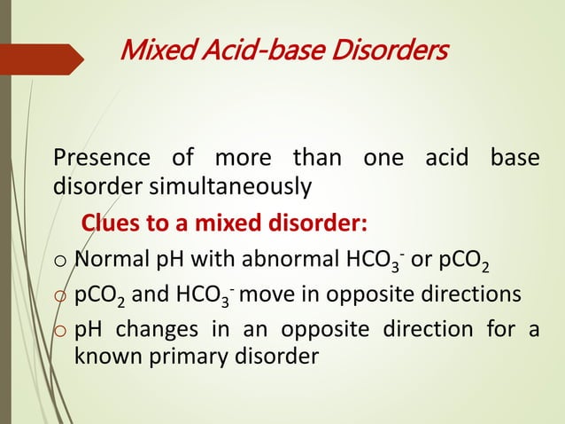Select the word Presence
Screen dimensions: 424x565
[102, 160]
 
